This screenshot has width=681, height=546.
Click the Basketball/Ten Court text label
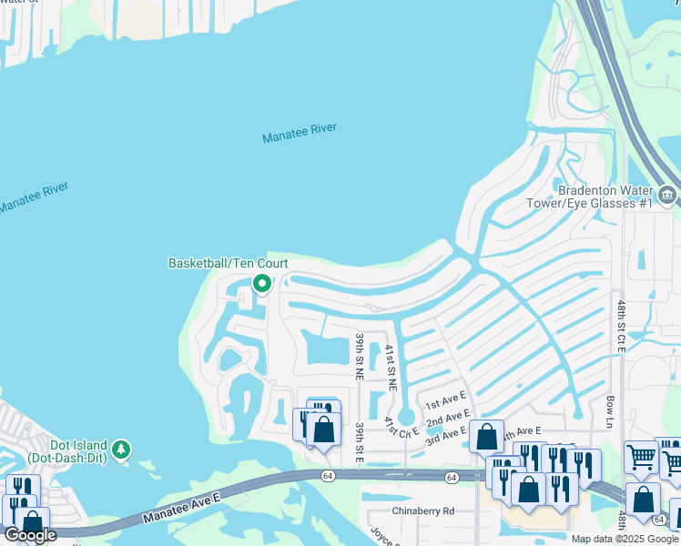(x=228, y=263)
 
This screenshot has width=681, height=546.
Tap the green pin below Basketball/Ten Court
(x=262, y=284)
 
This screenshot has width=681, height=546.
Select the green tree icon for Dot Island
(x=121, y=450)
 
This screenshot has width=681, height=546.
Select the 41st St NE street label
(x=390, y=368)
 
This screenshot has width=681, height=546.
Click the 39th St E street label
(x=360, y=442)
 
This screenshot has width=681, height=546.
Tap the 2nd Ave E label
(x=448, y=418)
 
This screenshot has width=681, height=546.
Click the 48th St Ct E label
(x=621, y=326)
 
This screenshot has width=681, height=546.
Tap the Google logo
(x=30, y=535)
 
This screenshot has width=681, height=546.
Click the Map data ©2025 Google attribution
(x=625, y=539)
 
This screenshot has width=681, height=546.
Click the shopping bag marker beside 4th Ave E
(x=487, y=438)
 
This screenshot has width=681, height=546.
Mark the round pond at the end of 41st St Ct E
(x=406, y=417)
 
